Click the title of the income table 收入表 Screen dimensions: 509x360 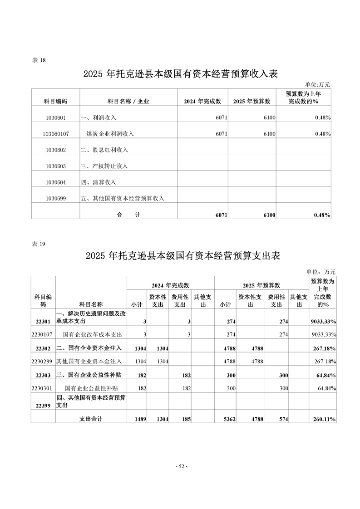tap(180, 74)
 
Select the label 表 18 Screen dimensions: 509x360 tap(39, 60)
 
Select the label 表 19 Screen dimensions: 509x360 tap(39, 244)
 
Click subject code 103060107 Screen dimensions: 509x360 tap(56, 134)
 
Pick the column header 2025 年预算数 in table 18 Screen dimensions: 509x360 tap(252, 101)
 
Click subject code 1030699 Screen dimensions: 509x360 tap(56, 198)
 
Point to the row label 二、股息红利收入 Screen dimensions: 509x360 tap(104, 150)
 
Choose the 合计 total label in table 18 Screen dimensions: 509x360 tap(128, 215)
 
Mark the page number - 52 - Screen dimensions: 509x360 tap(181, 466)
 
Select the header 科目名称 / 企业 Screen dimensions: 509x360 tap(128, 101)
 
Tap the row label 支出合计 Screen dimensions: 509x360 tap(91, 419)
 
